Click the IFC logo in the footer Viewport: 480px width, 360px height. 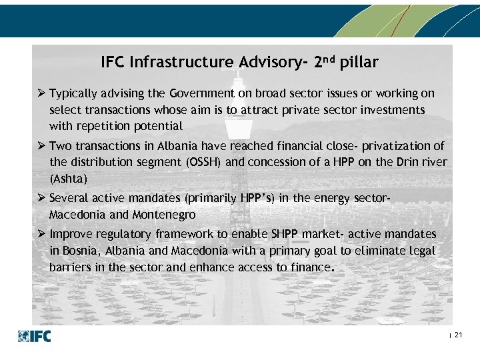[34, 336]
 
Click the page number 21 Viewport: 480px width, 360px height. [458, 335]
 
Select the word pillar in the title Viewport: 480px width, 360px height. [359, 63]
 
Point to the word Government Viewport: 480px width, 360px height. [200, 93]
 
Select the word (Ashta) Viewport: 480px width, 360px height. [68, 178]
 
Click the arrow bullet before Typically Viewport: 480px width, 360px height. [41, 93]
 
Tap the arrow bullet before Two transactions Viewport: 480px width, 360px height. [41, 146]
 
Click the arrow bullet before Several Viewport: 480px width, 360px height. [41, 198]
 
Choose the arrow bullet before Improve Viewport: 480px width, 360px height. [41, 234]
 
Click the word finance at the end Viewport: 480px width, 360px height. [311, 267]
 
